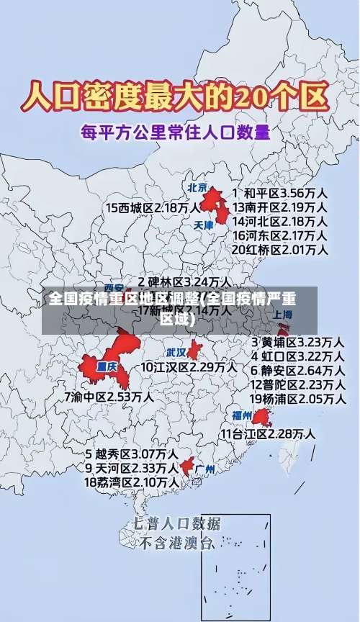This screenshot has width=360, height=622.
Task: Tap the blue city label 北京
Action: pos(197,188)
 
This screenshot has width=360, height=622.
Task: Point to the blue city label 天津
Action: pos(204,225)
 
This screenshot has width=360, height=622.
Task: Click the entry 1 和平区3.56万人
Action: pos(279,193)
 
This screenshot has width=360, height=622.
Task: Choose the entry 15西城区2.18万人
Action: pos(153,207)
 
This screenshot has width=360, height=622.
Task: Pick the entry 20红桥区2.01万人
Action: pos(279,250)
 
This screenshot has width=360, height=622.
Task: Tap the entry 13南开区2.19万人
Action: pos(279,207)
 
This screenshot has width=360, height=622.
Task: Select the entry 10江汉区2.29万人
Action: pos(189,367)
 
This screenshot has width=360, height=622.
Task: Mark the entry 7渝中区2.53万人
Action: pos(109,397)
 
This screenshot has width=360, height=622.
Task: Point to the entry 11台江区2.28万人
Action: pos(268,434)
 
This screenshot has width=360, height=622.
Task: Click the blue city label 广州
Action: pos(205,469)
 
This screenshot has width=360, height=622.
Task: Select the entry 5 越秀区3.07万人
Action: pos(132,454)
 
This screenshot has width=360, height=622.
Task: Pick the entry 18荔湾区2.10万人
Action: pos(132,482)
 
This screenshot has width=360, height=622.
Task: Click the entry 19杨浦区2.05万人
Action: pos(297,398)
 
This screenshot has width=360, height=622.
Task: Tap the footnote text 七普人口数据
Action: pos(176,523)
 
